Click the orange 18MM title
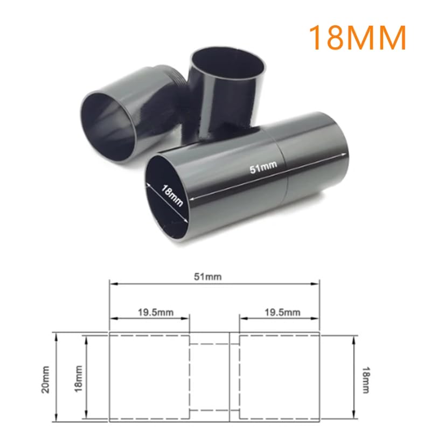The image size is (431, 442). coord(356,36)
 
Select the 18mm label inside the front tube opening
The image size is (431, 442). coord(171,194)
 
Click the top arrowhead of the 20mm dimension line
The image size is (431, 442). coord(56,335)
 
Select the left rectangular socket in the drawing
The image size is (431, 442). coord(149,377)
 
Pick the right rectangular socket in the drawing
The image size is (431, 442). coord(280,377)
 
